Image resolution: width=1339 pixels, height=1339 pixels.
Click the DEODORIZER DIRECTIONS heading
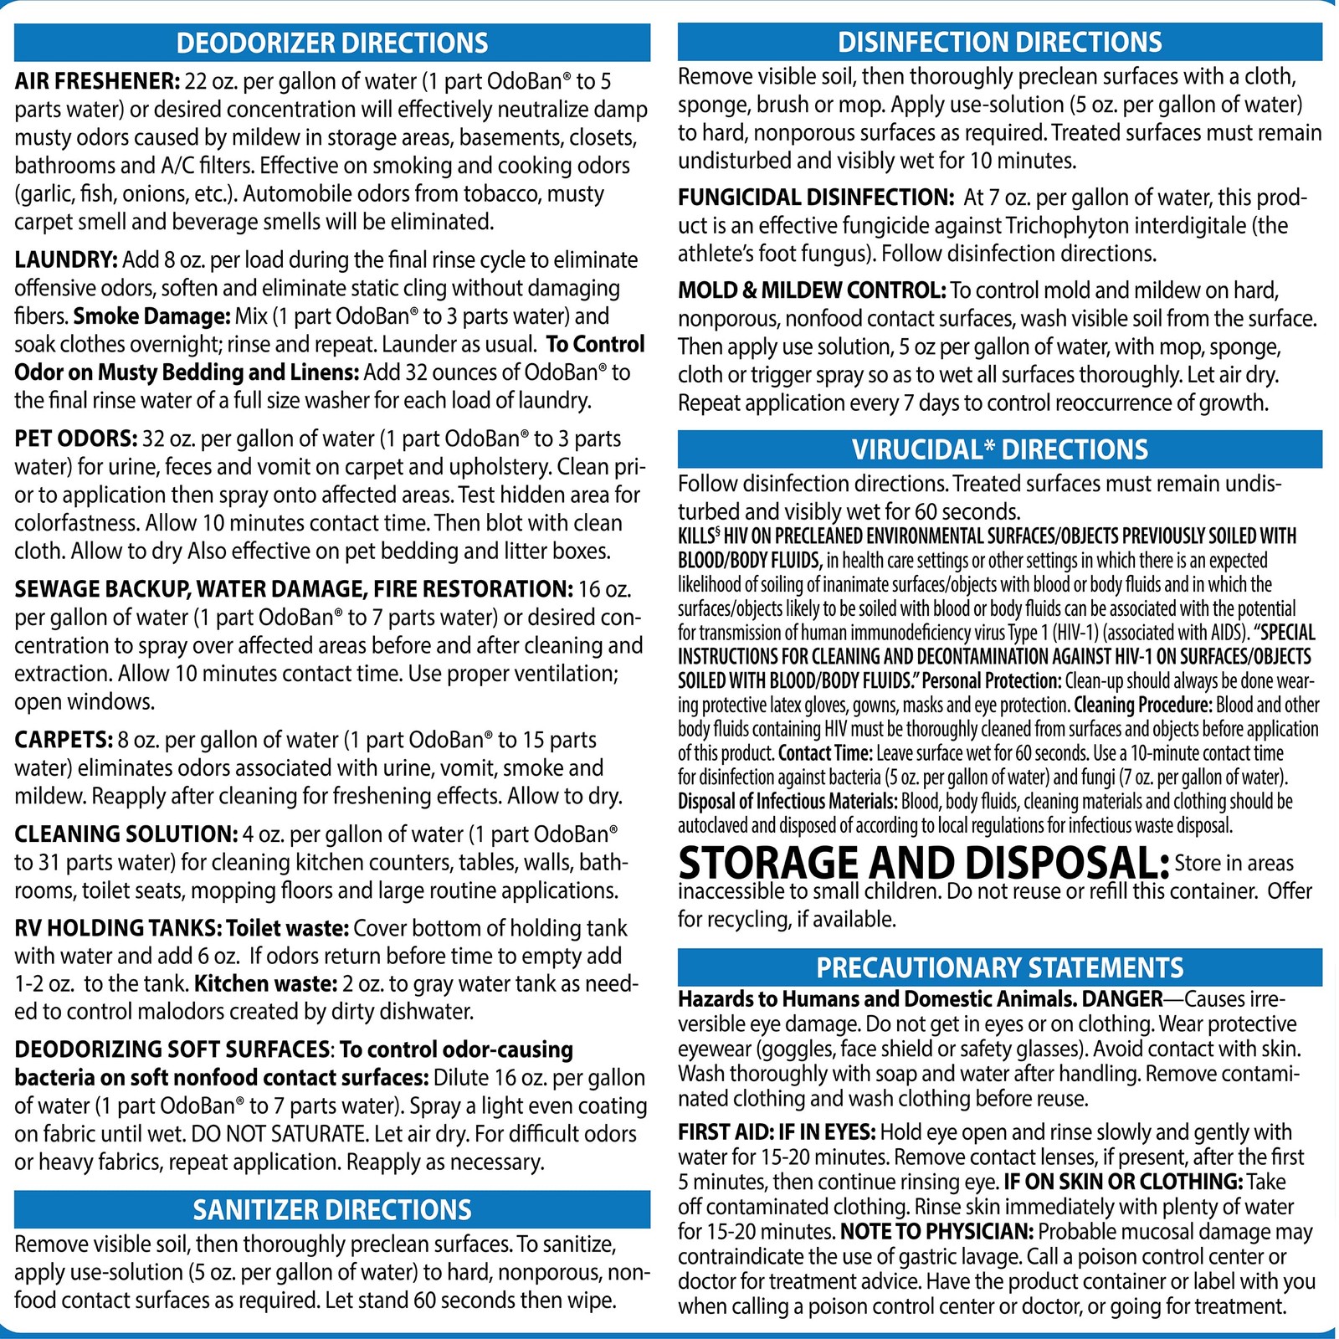[x=332, y=43]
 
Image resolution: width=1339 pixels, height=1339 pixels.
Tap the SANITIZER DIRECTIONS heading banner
[x=332, y=1209]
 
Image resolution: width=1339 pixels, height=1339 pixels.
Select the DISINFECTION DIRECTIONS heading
[x=999, y=42]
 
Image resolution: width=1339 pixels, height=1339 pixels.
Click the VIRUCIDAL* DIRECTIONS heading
[x=999, y=449]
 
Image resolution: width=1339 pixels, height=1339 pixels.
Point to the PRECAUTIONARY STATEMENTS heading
[x=999, y=967]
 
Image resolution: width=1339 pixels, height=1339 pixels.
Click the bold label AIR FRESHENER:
[x=97, y=81]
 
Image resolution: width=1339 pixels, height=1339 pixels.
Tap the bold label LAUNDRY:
[x=66, y=259]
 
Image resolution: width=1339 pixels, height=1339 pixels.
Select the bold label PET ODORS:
[x=75, y=439]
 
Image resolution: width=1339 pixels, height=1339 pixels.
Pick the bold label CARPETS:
[x=64, y=740]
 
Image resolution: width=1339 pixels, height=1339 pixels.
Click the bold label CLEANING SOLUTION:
[x=126, y=834]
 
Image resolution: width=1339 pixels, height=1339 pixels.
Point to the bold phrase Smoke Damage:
[x=151, y=316]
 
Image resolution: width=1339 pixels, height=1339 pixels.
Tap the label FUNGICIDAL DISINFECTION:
[x=816, y=198]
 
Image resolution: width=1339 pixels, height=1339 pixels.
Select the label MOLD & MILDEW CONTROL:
[x=812, y=290]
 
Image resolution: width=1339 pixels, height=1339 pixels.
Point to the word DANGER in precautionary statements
[x=1122, y=998]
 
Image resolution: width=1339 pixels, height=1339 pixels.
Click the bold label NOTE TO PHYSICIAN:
[x=937, y=1232]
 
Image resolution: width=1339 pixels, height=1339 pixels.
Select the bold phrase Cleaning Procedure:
[x=1142, y=705]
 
